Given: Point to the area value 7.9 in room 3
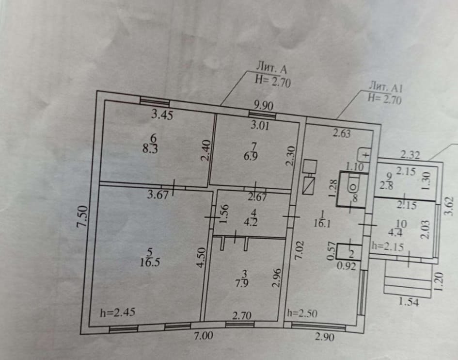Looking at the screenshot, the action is click(242, 284).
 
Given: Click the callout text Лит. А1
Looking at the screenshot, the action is click(386, 88).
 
